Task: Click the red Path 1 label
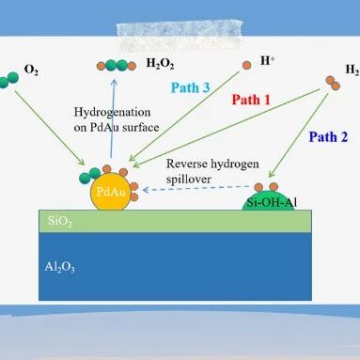[251, 100]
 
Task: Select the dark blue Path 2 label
[328, 137]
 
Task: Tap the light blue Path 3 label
[190, 87]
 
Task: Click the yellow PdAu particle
[110, 192]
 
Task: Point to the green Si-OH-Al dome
[269, 200]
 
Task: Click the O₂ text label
[31, 70]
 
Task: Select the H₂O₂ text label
[160, 64]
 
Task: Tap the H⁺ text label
[267, 60]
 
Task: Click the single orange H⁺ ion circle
[246, 66]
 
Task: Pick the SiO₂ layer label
[60, 221]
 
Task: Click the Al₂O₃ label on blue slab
[59, 267]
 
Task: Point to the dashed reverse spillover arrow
[196, 188]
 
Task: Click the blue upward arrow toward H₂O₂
[113, 118]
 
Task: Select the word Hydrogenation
[112, 113]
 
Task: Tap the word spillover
[189, 180]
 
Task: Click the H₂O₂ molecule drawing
[117, 66]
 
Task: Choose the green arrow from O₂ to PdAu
[50, 128]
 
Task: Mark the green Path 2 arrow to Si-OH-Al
[299, 135]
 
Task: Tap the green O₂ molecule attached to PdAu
[90, 176]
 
